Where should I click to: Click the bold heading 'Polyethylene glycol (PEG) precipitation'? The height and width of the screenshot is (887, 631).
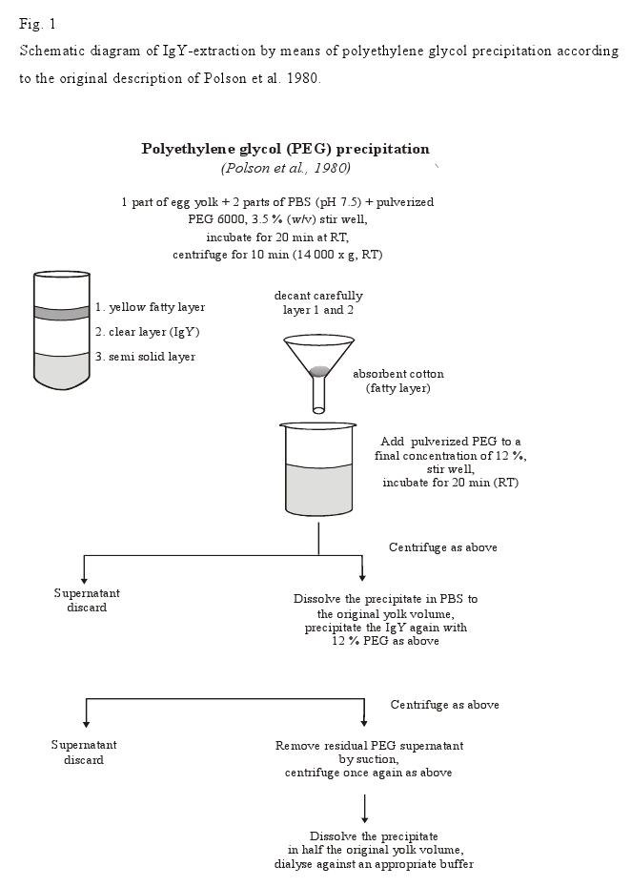pos(285,149)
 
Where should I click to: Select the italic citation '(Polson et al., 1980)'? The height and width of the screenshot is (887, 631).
pos(285,168)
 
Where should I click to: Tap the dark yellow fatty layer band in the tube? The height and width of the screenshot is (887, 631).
pos(62,312)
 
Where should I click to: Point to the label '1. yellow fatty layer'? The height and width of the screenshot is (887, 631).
pos(150,307)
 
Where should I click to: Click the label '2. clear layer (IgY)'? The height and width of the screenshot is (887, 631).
pos(147,332)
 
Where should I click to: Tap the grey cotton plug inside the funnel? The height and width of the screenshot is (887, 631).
pos(318,369)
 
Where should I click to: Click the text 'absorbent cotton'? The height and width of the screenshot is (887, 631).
pos(398,374)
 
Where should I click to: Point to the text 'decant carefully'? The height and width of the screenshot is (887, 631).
pos(318,296)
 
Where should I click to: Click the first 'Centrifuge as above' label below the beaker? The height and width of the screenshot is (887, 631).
pos(443,547)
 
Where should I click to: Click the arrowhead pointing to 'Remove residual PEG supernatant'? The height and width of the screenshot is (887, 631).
pos(363,723)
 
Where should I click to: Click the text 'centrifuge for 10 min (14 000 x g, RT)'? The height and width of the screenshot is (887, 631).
pos(277,255)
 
